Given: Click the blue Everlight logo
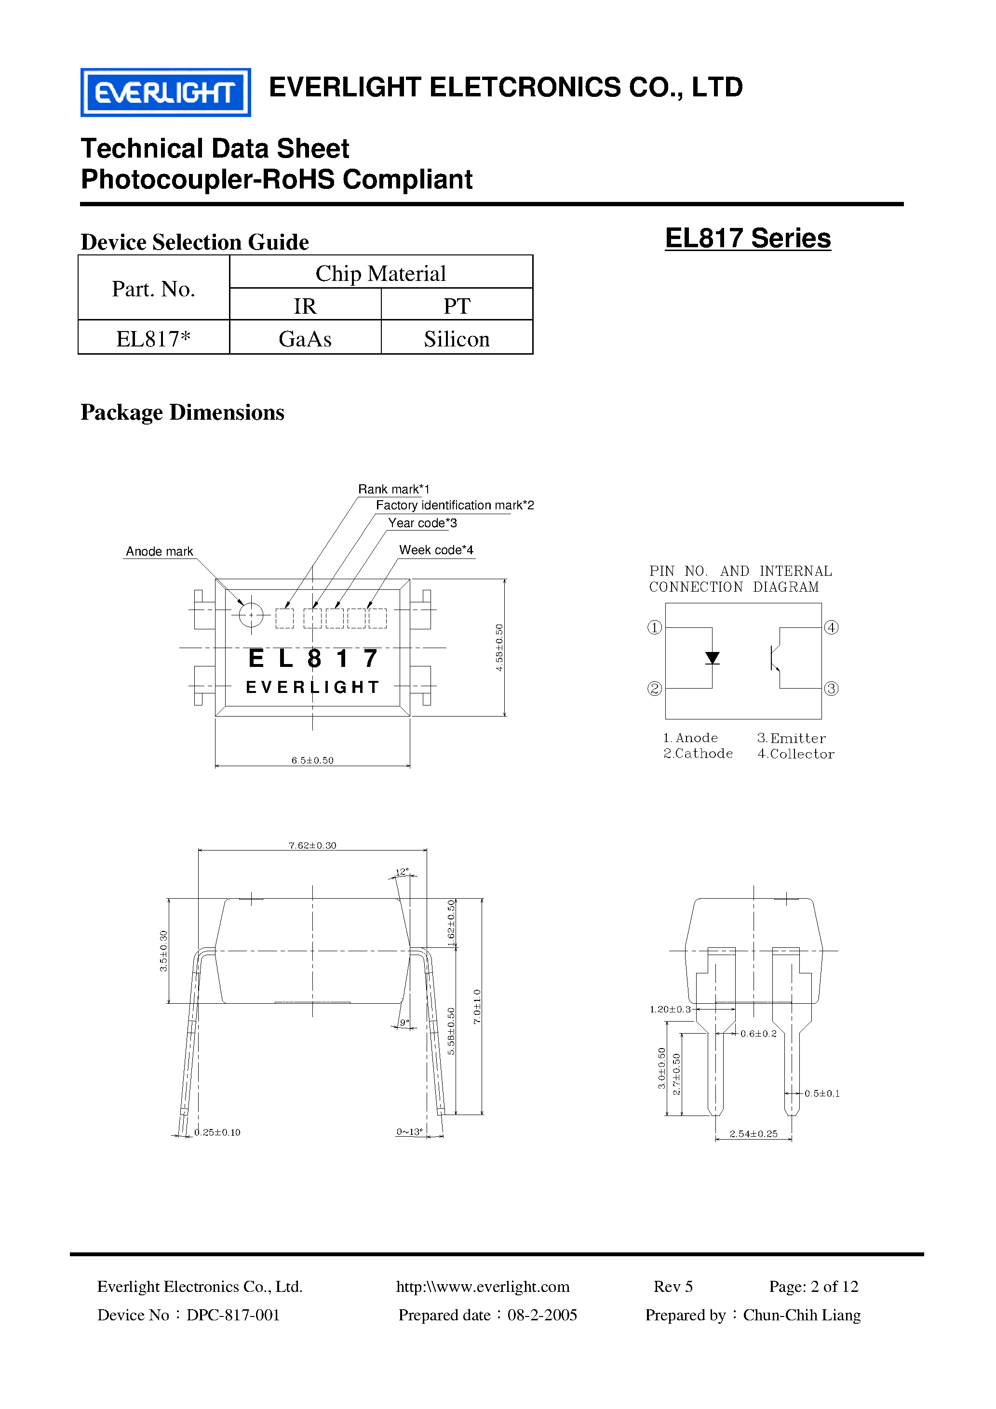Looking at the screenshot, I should pyautogui.click(x=165, y=93).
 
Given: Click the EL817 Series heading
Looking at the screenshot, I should pyautogui.click(x=747, y=238).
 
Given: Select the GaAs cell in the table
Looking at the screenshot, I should pyautogui.click(x=305, y=339).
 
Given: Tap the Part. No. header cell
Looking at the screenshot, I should pyautogui.click(x=153, y=289).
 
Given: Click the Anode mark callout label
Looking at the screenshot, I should pyautogui.click(x=159, y=551).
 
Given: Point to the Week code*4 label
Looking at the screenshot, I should pyautogui.click(x=436, y=550).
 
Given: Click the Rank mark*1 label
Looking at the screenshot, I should pyautogui.click(x=393, y=489).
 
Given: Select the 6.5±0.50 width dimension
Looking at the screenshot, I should pyautogui.click(x=312, y=760).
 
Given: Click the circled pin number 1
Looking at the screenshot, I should pyautogui.click(x=655, y=627).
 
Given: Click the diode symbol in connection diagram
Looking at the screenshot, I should pyautogui.click(x=713, y=658).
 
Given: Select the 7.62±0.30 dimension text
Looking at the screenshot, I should pyautogui.click(x=312, y=845).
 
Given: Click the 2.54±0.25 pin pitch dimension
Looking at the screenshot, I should pyautogui.click(x=754, y=1134).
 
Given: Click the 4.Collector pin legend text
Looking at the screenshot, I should pyautogui.click(x=796, y=754).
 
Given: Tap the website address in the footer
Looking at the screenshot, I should pyautogui.click(x=483, y=1286).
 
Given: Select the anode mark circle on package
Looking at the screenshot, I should pyautogui.click(x=251, y=615).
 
